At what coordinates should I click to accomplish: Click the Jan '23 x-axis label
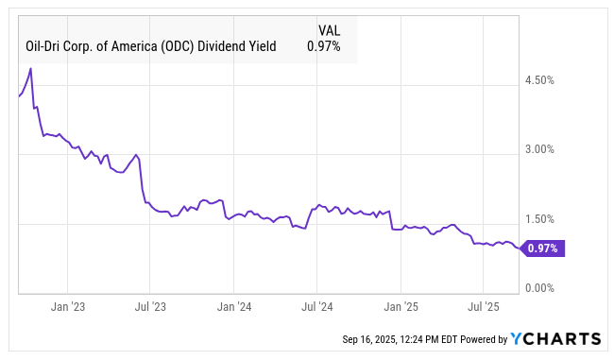[x=67, y=307]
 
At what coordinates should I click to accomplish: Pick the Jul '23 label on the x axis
[x=150, y=307]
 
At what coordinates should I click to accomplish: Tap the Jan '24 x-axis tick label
[x=233, y=307]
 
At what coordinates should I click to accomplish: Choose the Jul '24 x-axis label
[x=317, y=307]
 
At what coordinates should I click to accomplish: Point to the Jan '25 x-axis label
[x=401, y=307]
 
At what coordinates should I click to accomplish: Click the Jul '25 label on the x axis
[x=484, y=307]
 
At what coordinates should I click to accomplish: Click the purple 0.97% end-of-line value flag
[x=542, y=249]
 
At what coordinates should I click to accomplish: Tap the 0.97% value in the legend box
[x=324, y=44]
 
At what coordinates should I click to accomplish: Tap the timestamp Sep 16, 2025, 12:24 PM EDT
[x=401, y=339]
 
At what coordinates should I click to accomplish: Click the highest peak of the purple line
[x=31, y=68]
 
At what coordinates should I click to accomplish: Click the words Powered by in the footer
[x=481, y=339]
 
